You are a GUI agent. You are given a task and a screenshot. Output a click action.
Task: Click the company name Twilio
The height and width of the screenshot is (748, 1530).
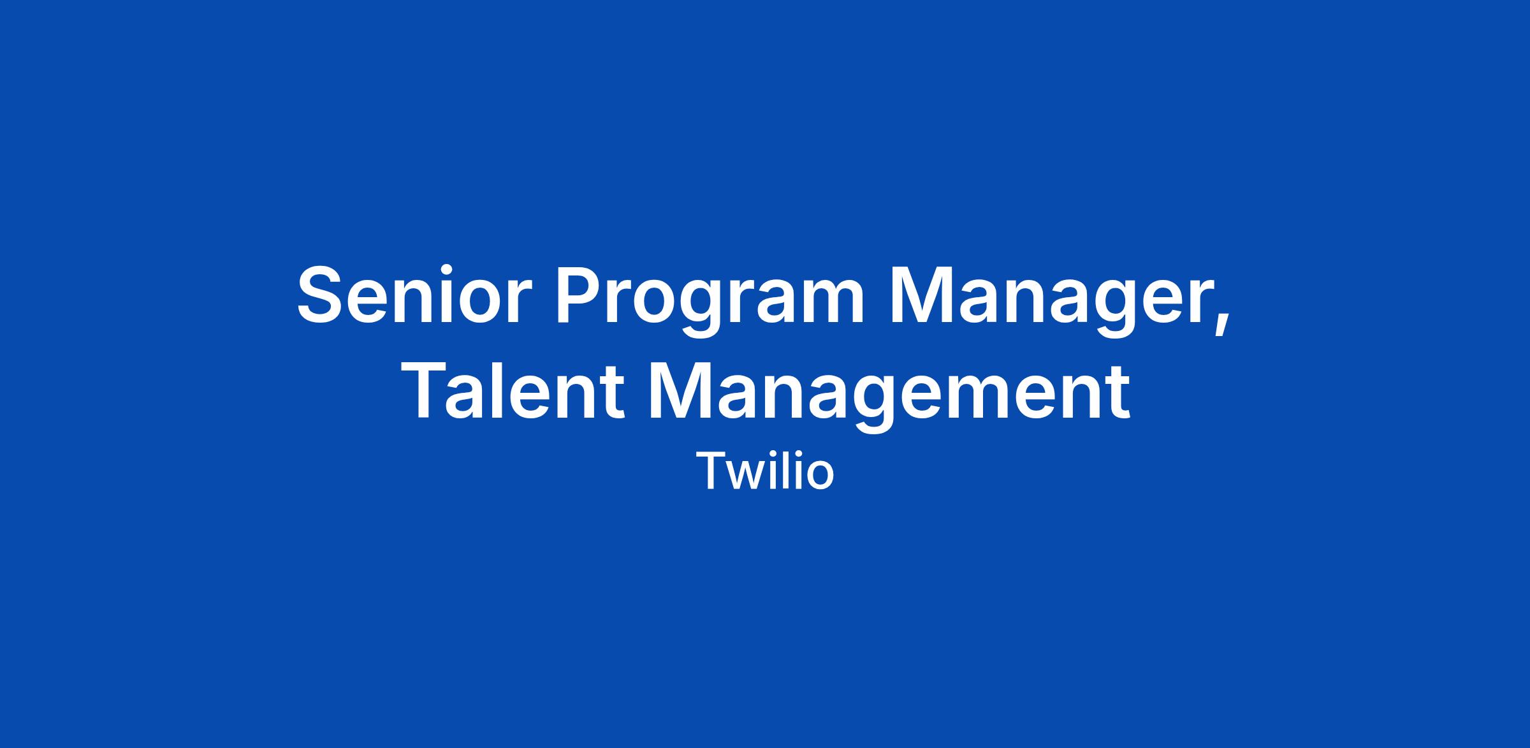(x=765, y=471)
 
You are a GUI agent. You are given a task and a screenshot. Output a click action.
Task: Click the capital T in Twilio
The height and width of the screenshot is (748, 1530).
(x=711, y=471)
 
